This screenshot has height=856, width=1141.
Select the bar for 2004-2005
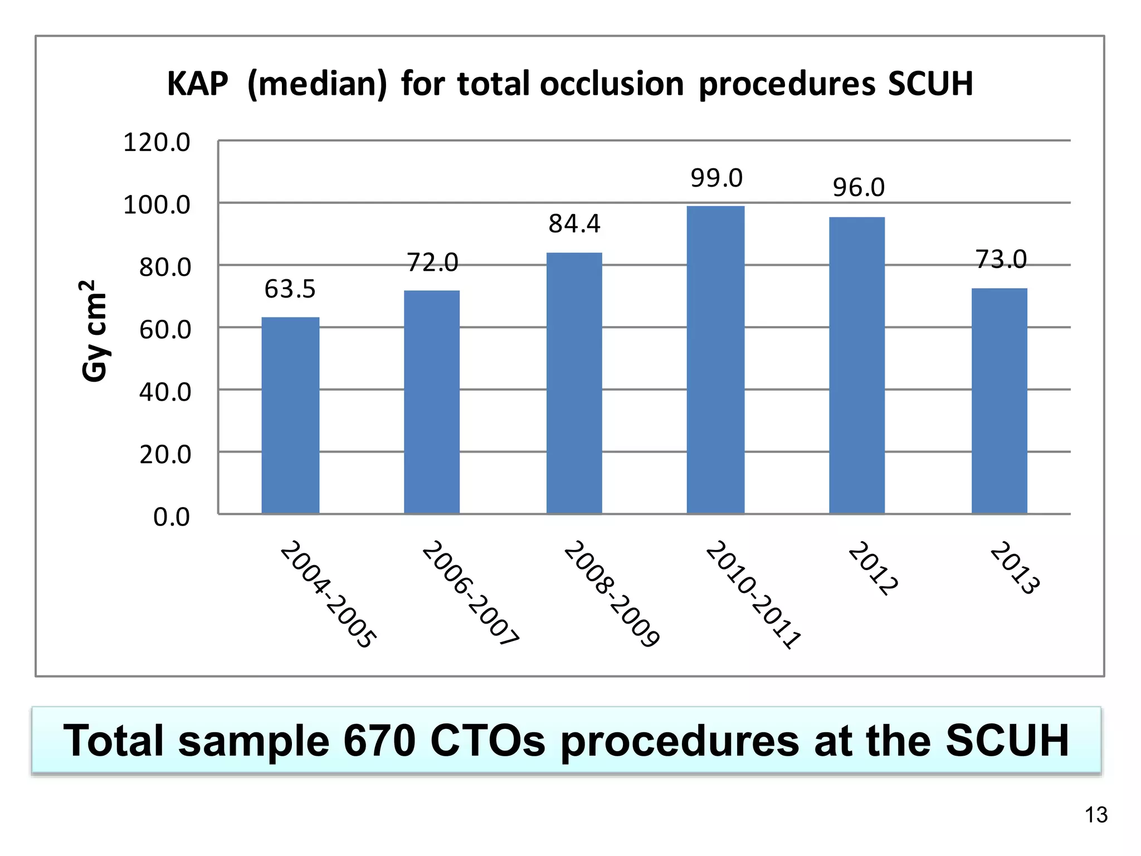(290, 415)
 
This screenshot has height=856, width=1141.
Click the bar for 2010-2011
(715, 360)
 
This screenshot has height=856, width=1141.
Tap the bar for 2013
(999, 401)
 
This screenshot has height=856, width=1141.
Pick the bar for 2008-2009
(574, 383)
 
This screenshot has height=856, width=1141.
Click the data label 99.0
(716, 178)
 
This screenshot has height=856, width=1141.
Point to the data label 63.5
(290, 289)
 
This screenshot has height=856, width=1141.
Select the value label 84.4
(574, 224)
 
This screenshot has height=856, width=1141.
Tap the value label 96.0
(858, 188)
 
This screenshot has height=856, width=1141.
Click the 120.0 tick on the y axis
(157, 143)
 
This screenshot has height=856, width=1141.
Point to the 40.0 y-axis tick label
(165, 393)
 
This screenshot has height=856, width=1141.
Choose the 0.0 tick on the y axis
(172, 518)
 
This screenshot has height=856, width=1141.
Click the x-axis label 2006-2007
(470, 593)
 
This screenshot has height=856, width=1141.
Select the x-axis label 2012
(872, 568)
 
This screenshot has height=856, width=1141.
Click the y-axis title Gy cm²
(93, 331)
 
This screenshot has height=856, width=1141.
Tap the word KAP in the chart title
(198, 84)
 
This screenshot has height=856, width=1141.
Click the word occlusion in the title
(611, 84)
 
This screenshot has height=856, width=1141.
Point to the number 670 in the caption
(379, 741)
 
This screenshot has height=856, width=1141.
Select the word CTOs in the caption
(487, 741)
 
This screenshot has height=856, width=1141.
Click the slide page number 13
(1096, 815)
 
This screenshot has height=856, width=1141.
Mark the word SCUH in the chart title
(930, 84)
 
